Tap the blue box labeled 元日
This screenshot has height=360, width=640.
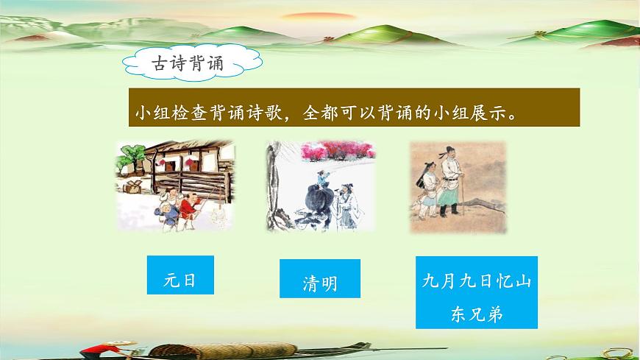tap(180, 280)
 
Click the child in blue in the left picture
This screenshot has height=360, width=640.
tap(166, 214)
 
